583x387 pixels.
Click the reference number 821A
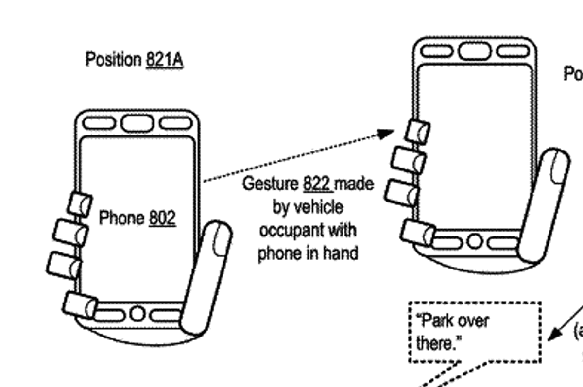(164, 61)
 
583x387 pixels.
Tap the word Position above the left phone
(113, 60)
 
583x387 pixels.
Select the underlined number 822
(317, 185)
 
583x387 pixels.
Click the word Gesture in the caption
(271, 185)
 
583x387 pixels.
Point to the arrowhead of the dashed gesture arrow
(387, 133)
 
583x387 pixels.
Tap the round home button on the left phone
(137, 314)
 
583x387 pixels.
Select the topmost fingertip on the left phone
(80, 204)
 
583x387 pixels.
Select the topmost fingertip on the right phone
(417, 131)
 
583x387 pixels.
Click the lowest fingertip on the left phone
(80, 304)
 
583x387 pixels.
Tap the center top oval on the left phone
(137, 123)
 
